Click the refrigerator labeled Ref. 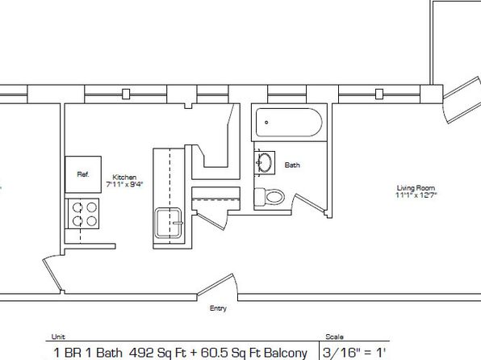(83, 174)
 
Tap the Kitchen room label (124, 178)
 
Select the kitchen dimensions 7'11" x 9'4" (124, 185)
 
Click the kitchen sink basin (169, 223)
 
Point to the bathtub (289, 122)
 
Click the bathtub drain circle (266, 123)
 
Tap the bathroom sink (265, 163)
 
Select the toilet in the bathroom (270, 197)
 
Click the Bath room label (292, 165)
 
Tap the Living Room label (416, 188)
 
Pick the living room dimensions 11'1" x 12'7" (416, 195)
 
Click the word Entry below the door (218, 308)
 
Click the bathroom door (309, 203)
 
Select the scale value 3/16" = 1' (354, 353)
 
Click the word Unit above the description (58, 337)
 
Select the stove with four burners (83, 214)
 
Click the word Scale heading (334, 337)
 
